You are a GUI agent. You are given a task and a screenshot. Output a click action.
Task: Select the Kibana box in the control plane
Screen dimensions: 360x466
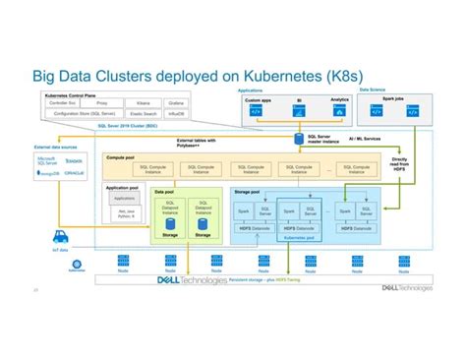142,102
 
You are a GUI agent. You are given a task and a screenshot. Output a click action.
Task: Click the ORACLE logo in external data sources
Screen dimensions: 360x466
74,173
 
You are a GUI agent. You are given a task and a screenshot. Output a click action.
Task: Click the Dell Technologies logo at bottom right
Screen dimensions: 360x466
410,288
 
